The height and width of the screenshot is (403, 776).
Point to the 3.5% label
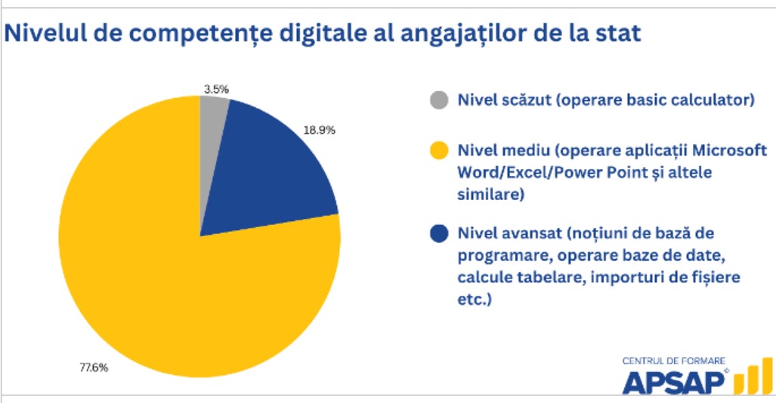[x=216, y=90]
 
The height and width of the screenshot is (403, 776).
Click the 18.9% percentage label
[x=319, y=130]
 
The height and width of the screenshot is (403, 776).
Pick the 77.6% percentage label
[x=94, y=368]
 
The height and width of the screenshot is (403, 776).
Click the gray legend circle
[x=439, y=100]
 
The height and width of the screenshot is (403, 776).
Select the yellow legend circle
[x=439, y=150]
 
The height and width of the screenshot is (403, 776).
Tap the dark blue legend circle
[x=439, y=233]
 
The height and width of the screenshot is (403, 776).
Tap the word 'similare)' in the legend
[x=490, y=194]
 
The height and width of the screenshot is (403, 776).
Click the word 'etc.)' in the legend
[x=474, y=300]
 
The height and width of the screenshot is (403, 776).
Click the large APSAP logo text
[x=674, y=382]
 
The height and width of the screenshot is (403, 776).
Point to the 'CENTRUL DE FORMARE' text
[x=673, y=361]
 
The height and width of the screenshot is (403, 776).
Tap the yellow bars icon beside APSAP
[x=753, y=377]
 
